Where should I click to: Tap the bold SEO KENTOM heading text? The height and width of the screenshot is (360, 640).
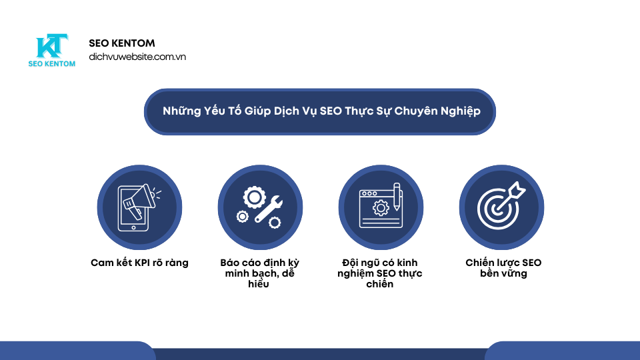122,43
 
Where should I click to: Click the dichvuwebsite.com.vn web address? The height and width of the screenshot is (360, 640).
137,57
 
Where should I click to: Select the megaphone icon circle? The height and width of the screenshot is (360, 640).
139,207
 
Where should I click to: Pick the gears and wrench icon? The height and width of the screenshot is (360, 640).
260,207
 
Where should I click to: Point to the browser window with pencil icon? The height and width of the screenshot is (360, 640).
381,207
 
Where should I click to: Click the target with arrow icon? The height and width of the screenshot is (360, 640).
501,207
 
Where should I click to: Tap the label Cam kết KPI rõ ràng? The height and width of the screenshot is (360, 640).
139,263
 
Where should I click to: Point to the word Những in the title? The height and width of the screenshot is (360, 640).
182,111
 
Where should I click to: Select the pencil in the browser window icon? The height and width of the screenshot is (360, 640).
397,197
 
